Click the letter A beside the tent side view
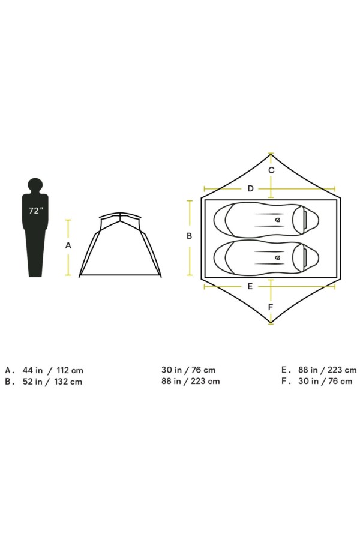[68, 245]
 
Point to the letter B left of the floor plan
[189, 236]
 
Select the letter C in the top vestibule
[271, 170]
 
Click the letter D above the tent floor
[250, 188]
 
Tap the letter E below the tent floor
[250, 286]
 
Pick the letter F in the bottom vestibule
[271, 307]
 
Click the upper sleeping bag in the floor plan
[266, 220]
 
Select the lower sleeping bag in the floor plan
[266, 257]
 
